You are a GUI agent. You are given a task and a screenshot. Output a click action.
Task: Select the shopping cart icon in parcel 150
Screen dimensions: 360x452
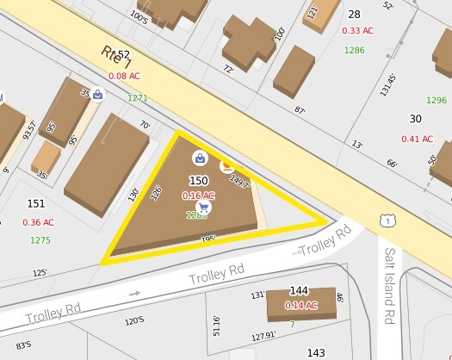pyautogui.click(x=203, y=208)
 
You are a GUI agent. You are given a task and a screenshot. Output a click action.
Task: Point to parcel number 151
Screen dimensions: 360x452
pyautogui.click(x=36, y=204)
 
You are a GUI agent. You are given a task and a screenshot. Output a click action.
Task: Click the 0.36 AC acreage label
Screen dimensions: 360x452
pyautogui.click(x=38, y=222)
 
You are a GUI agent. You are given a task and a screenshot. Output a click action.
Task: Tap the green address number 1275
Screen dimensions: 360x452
pyautogui.click(x=40, y=240)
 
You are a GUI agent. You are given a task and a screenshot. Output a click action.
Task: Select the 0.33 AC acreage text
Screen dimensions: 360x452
pyautogui.click(x=356, y=30)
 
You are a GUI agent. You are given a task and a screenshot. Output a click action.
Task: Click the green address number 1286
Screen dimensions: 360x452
pyautogui.click(x=354, y=50)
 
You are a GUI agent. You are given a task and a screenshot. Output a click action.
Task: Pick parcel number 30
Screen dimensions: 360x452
pyautogui.click(x=416, y=119)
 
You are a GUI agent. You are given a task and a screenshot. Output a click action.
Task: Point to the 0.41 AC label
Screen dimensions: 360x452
pyautogui.click(x=417, y=139)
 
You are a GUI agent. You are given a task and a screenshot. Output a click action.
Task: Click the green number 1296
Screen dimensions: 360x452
pyautogui.click(x=437, y=100)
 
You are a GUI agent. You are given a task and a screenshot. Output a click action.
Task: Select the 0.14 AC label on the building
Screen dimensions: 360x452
pyautogui.click(x=300, y=306)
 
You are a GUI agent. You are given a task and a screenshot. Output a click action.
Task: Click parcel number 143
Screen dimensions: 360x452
pyautogui.click(x=316, y=353)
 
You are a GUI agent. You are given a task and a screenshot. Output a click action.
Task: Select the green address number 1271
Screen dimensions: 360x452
pyautogui.click(x=138, y=98)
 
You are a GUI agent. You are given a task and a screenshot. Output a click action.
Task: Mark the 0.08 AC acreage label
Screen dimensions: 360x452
pyautogui.click(x=124, y=76)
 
